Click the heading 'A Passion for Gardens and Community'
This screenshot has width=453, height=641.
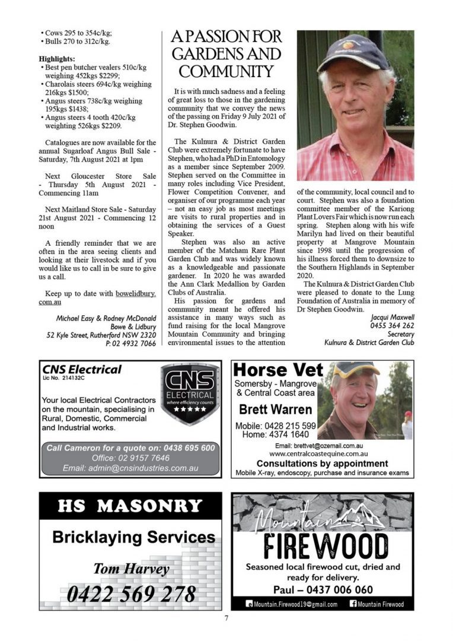[x=226, y=55]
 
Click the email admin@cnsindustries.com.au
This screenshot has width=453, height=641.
[x=130, y=468]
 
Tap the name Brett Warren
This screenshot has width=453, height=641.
[x=275, y=410]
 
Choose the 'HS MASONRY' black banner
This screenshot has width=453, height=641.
[x=130, y=506]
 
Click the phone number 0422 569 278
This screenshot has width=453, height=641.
[x=131, y=593]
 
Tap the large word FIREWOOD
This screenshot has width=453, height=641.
[x=323, y=545]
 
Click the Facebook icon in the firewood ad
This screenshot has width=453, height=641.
[x=354, y=604]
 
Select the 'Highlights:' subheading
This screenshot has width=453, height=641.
[x=57, y=59]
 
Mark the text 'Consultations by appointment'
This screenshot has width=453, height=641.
[x=323, y=463]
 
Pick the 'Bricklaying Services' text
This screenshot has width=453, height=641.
[x=133, y=538]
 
